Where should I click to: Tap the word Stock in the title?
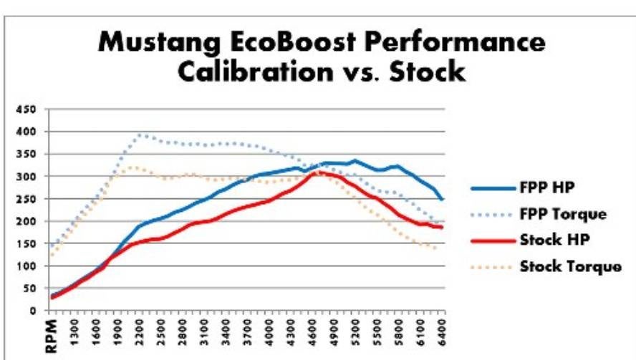429,72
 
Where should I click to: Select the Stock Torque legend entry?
571,266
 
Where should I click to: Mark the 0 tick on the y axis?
32,311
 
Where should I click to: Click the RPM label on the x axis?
52,334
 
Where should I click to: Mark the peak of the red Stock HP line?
320,172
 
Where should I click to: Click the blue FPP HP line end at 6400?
443,200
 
